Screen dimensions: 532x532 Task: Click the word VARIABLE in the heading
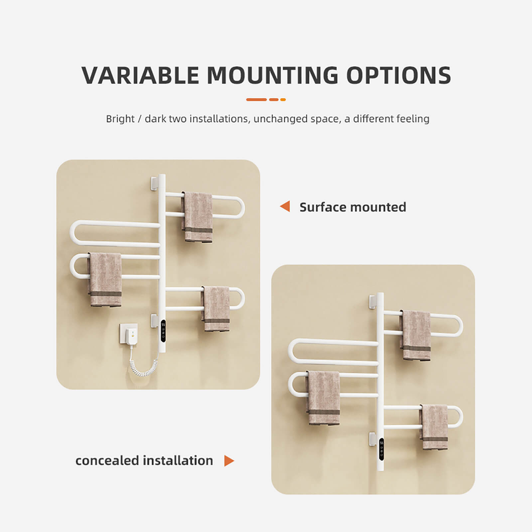pyautogui.click(x=140, y=75)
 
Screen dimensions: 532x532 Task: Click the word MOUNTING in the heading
pyautogui.click(x=273, y=75)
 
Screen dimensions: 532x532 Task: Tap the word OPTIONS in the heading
pyautogui.click(x=399, y=75)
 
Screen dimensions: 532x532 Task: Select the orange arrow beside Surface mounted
pyautogui.click(x=285, y=206)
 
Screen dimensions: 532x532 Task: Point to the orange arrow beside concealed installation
pyautogui.click(x=229, y=461)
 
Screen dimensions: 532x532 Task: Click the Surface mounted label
pyautogui.click(x=353, y=207)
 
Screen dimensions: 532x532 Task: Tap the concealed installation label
pyautogui.click(x=144, y=461)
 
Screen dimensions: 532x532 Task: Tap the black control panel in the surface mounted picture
pyautogui.click(x=163, y=331)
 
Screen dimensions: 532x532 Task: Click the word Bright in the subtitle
pyautogui.click(x=120, y=119)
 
